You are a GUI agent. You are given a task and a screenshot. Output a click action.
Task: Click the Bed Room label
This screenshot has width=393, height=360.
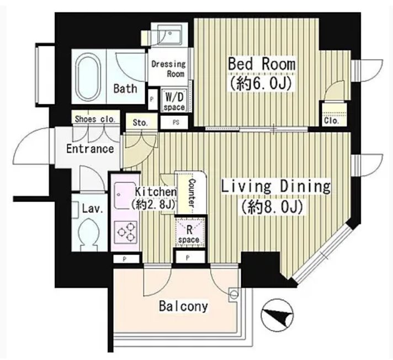262,64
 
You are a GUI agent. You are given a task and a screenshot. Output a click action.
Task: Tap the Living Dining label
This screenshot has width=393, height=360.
275,187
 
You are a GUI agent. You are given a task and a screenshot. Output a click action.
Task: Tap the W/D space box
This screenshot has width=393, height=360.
174,100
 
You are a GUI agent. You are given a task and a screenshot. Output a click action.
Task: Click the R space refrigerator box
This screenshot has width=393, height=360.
190,232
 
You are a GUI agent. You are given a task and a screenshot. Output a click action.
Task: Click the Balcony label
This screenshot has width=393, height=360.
183,306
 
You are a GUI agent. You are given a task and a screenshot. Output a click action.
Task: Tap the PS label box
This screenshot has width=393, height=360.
176,123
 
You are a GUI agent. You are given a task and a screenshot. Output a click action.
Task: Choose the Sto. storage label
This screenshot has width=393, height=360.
140,123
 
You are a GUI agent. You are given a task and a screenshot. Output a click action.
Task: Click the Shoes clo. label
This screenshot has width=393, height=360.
95,119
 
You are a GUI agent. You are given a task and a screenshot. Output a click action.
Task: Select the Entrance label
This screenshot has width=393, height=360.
90,149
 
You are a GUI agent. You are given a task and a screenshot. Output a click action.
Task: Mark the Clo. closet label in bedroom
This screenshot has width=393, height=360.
332,121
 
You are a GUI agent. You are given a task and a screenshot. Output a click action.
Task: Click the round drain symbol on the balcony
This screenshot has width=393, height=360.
234,293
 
